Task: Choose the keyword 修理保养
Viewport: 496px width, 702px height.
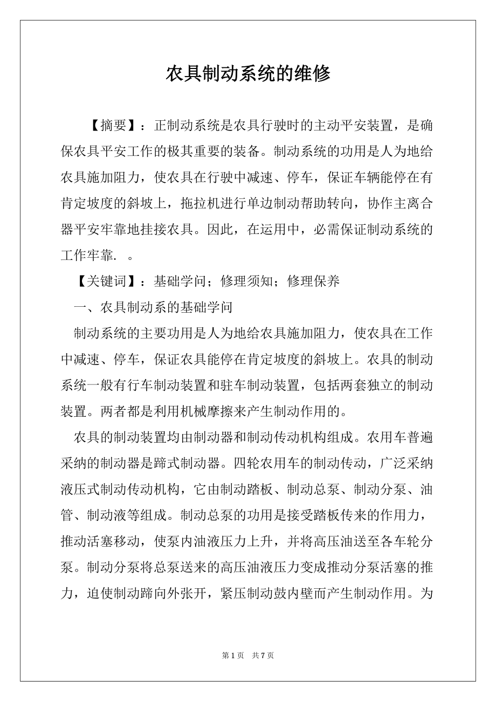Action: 314,281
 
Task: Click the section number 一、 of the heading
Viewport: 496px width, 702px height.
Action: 86,307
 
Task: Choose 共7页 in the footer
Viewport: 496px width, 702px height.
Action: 263,655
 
